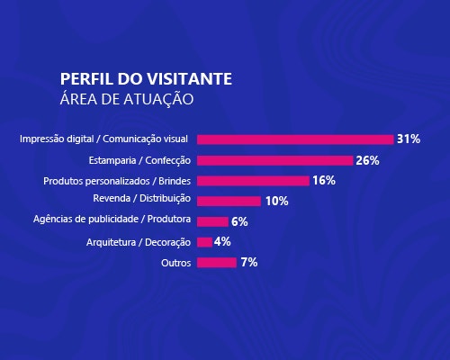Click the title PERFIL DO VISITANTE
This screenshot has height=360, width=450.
[145, 78]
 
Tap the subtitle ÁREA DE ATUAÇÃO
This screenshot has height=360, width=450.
[125, 97]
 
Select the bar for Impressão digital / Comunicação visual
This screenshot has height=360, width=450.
[295, 139]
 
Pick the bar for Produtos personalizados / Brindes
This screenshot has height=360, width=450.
[253, 181]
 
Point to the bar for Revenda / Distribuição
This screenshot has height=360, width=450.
[229, 201]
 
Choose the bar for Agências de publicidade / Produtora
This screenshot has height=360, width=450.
[211, 221]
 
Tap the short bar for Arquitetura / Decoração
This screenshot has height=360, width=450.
[204, 242]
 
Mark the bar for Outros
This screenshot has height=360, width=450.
[216, 263]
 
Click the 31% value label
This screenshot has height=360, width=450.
[409, 139]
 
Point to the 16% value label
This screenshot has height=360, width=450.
[324, 181]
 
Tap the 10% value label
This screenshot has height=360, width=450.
[276, 201]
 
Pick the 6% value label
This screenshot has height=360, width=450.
[239, 221]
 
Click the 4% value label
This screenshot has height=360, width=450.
[223, 242]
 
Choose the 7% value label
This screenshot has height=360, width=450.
[249, 263]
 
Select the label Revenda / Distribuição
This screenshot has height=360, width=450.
[142, 199]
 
